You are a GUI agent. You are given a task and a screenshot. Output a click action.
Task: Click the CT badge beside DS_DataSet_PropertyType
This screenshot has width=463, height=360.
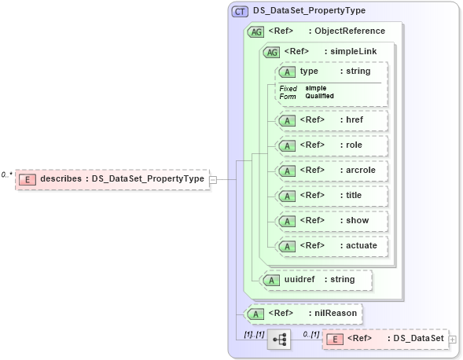click(240, 12)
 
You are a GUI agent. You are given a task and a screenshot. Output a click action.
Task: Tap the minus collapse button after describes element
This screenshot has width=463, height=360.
click(213, 179)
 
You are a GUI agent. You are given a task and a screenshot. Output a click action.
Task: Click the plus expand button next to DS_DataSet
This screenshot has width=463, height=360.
click(452, 339)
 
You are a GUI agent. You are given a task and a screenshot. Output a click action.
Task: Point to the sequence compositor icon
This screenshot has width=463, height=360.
click(280, 339)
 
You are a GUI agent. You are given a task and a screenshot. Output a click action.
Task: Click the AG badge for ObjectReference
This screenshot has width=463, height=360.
click(255, 31)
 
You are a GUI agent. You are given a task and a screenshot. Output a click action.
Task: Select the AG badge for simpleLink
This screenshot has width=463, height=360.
click(272, 52)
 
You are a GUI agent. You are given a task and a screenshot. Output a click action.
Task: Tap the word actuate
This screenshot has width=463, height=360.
click(362, 245)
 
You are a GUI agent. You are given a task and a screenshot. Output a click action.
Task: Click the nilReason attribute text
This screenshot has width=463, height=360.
click(335, 314)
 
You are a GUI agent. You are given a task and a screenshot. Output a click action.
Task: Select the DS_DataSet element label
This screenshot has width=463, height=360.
click(416, 339)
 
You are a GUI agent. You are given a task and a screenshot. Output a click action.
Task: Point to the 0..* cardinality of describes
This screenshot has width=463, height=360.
click(7, 174)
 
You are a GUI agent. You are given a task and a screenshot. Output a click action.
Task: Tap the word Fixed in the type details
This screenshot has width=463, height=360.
click(288, 88)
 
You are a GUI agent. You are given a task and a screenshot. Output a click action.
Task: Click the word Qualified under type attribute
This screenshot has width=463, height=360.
click(320, 96)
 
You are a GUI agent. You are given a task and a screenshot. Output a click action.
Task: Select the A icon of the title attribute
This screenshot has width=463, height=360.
click(288, 195)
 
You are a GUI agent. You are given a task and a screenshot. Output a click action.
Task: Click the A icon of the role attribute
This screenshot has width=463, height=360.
click(288, 145)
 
